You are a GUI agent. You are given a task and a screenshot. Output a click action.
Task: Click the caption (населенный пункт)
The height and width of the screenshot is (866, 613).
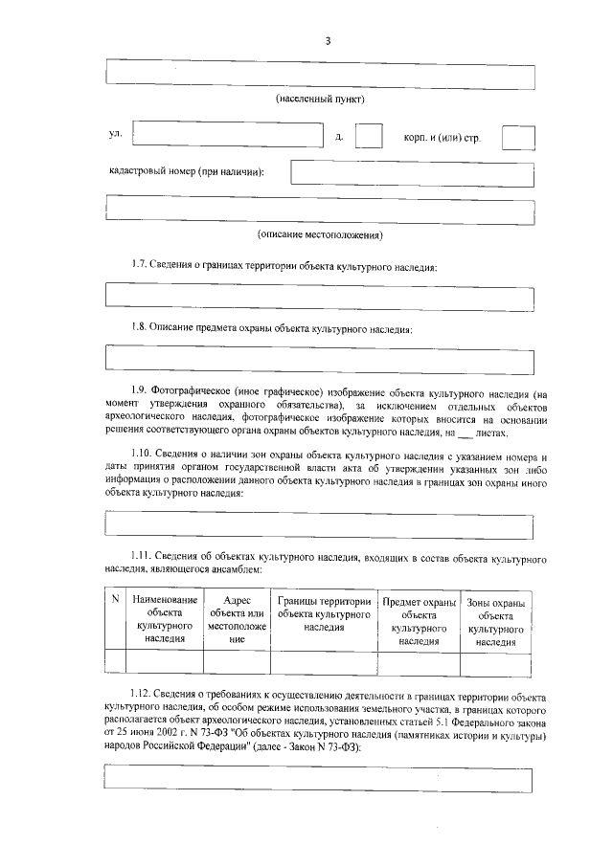[320, 100]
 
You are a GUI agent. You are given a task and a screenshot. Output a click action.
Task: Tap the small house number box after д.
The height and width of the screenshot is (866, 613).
[369, 137]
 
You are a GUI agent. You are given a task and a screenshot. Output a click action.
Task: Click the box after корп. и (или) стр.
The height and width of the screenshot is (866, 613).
[518, 138]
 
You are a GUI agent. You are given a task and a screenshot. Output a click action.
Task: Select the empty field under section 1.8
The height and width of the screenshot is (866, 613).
[319, 357]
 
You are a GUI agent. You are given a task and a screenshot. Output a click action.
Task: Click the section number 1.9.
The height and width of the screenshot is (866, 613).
[142, 392]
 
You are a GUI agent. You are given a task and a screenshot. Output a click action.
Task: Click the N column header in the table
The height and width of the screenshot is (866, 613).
[114, 600]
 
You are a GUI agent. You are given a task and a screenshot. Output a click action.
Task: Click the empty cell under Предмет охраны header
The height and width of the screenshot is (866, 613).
[420, 662]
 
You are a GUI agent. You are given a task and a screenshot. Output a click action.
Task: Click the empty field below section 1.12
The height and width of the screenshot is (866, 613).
[319, 776]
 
